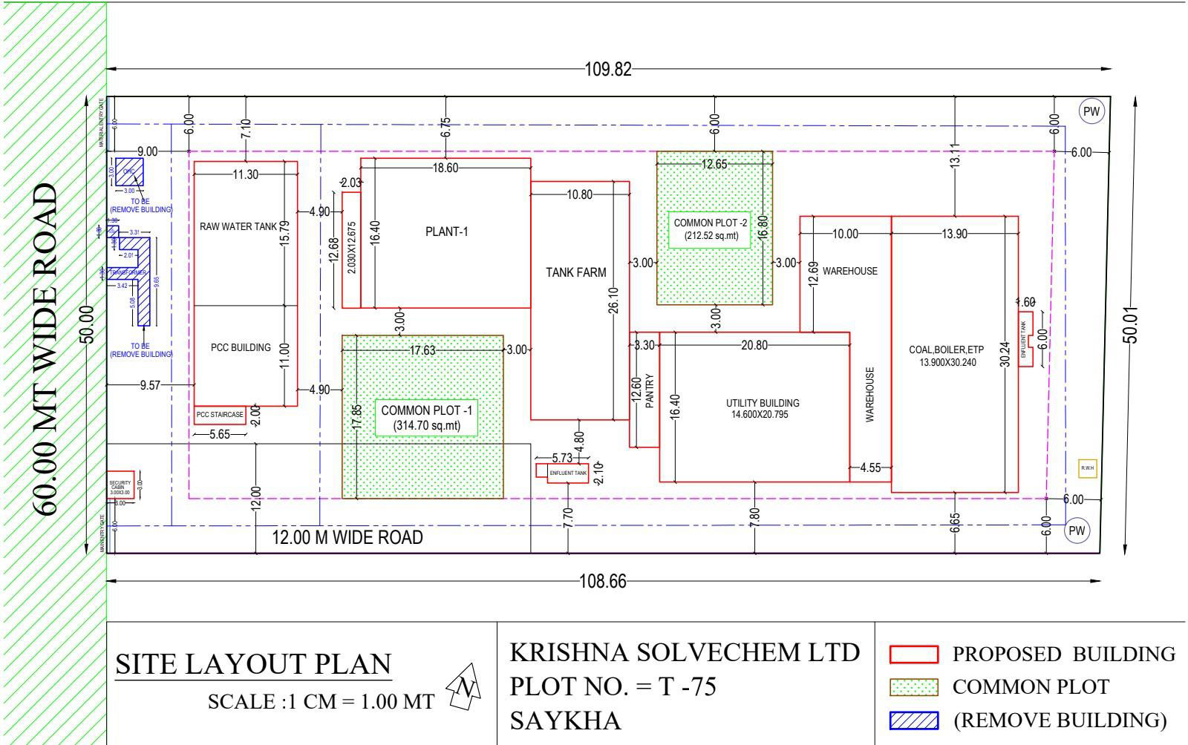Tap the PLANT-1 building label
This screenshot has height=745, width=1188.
(x=446, y=232)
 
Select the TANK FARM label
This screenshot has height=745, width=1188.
(x=576, y=272)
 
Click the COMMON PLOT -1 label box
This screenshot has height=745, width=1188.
(x=426, y=418)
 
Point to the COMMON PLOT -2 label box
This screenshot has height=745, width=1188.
(x=711, y=229)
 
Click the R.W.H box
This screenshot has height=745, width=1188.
(x=1087, y=468)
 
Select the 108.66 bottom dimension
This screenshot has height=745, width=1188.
(x=602, y=581)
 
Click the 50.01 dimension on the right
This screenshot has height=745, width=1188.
(x=1132, y=325)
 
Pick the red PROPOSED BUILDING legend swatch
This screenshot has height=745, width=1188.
(x=913, y=654)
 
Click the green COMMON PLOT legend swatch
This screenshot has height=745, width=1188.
(x=913, y=687)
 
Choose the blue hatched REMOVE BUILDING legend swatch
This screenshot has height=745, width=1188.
(x=913, y=720)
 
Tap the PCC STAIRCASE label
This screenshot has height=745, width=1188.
(x=220, y=415)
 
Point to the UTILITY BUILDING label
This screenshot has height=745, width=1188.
(x=763, y=408)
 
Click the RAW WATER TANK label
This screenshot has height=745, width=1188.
(x=238, y=227)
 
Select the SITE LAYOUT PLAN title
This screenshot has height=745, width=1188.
(x=253, y=664)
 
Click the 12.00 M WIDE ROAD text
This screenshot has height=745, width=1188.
(x=347, y=537)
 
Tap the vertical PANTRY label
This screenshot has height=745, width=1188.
(x=649, y=391)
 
